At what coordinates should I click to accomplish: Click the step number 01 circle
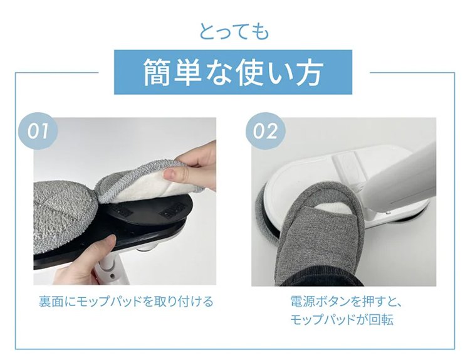point(38,131)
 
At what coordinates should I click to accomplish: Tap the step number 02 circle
point(265,131)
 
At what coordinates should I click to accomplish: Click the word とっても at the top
point(234,32)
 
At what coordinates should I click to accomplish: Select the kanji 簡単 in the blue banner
point(172,72)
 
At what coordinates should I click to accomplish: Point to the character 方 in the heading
point(308,72)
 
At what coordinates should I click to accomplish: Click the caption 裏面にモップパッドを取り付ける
point(126,301)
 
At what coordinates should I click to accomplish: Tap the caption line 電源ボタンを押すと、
point(346,301)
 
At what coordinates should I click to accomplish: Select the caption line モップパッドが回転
point(342,320)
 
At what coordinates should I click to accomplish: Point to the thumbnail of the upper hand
point(170,173)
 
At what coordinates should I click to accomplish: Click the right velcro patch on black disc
point(172,208)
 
